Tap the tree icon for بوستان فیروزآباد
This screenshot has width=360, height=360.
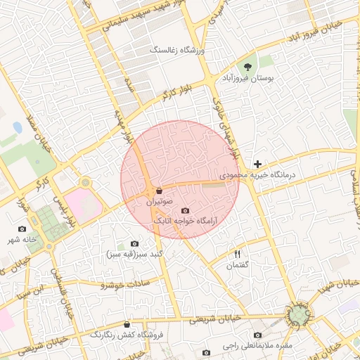coord(247,67)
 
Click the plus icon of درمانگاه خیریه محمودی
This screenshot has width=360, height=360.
coord(258,164)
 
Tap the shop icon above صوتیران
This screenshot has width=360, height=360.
coord(159,191)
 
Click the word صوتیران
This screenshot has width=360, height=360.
coord(160,201)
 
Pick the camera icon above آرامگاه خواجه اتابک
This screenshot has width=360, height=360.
coord(185,210)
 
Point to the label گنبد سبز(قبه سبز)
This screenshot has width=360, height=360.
coord(135,253)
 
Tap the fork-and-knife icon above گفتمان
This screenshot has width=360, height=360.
coord(237,254)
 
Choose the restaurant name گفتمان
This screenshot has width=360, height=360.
coord(238,265)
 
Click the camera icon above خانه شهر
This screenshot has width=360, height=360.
coord(22,229)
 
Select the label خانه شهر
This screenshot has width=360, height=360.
coord(22,240)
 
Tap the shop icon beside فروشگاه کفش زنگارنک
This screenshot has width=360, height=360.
coord(127,325)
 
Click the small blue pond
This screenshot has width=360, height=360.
coord(17,127)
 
